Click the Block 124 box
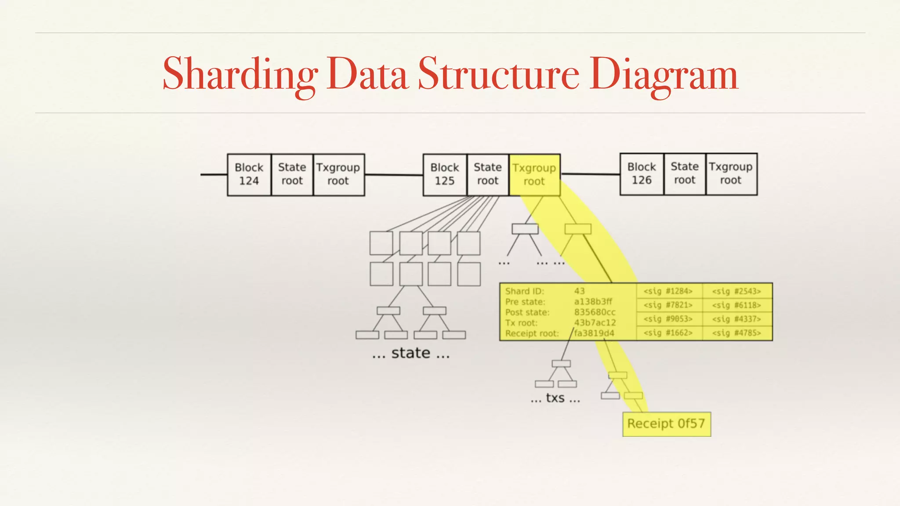(249, 174)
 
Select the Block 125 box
(444, 174)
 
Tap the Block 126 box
(641, 173)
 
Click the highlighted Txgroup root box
(534, 174)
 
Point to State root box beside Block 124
(292, 174)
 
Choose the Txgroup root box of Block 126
(731, 173)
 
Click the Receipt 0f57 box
(666, 424)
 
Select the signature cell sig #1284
(668, 291)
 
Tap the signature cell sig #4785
(737, 333)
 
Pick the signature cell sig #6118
(737, 305)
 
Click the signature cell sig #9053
(668, 319)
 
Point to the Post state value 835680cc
(595, 312)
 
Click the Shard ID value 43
(579, 291)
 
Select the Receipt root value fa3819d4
(594, 333)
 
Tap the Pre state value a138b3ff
(593, 302)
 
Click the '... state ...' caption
(411, 353)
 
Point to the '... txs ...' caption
(555, 398)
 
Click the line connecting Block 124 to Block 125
(394, 175)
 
